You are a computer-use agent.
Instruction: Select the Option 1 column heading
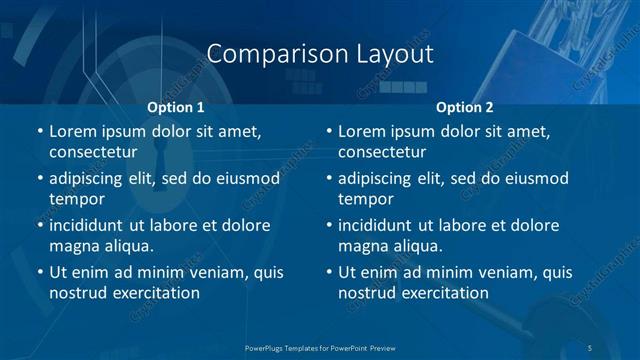click(176, 106)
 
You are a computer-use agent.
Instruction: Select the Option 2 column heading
click(465, 106)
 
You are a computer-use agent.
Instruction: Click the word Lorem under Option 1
click(73, 131)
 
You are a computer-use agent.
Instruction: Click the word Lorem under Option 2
click(362, 131)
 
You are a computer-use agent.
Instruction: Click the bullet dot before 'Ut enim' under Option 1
click(39, 273)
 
